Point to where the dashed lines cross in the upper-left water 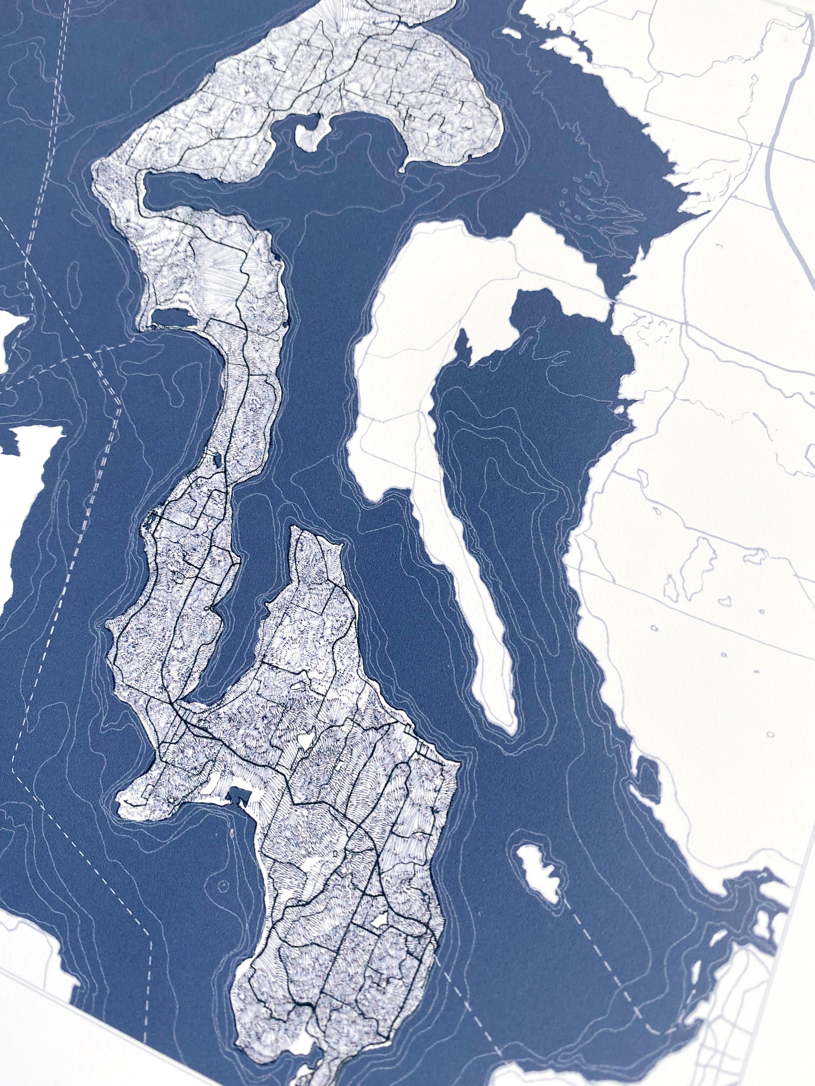[x=29, y=265]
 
